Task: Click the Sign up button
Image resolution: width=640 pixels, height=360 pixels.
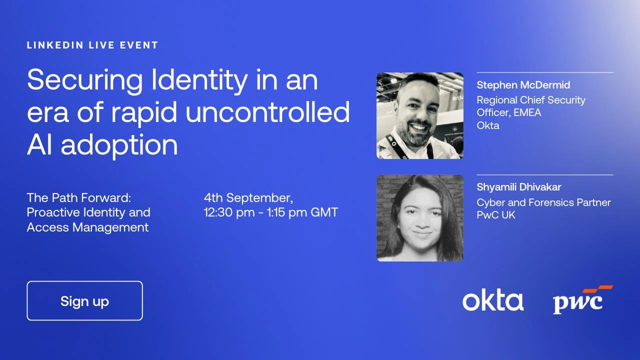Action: click(84, 301)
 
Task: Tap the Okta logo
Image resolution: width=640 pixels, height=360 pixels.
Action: click(492, 301)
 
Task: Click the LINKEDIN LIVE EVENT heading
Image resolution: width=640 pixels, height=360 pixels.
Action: click(92, 45)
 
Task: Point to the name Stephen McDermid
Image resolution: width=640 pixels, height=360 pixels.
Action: click(523, 85)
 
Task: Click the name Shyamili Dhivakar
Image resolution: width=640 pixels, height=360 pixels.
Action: click(518, 187)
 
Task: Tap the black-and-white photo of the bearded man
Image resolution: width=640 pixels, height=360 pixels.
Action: click(419, 115)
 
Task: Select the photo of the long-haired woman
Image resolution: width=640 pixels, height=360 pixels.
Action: click(419, 218)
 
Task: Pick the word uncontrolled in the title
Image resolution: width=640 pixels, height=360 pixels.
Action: click(267, 112)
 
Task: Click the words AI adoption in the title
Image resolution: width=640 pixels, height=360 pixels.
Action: click(102, 145)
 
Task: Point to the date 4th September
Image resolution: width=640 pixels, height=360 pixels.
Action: click(248, 197)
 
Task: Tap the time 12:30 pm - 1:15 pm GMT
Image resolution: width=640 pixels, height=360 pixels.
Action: click(270, 212)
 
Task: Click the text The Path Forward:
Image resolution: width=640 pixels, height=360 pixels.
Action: click(78, 197)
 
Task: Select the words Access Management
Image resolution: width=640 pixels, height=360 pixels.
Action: click(87, 227)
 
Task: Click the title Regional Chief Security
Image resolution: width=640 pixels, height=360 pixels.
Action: click(530, 100)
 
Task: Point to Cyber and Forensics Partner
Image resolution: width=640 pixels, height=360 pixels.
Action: click(543, 202)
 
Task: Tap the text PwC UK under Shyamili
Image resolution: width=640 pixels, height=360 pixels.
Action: click(495, 215)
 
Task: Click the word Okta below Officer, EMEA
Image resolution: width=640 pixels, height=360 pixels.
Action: click(487, 125)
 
